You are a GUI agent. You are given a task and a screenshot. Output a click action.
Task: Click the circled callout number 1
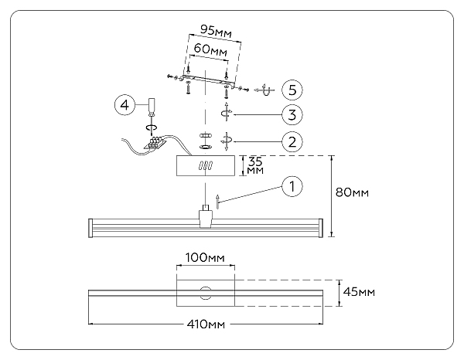[x=292, y=185]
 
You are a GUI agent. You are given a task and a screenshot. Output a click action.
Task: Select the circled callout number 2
[x=292, y=141]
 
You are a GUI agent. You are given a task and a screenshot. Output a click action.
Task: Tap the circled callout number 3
[x=292, y=115]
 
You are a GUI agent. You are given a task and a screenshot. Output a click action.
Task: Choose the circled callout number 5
[x=292, y=90]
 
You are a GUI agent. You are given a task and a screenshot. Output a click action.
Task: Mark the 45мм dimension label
[x=360, y=292]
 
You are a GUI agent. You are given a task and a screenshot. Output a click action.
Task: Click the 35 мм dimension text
[x=254, y=166]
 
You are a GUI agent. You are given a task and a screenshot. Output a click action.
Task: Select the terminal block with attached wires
[x=159, y=142]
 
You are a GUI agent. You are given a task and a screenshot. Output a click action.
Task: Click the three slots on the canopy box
[x=206, y=165]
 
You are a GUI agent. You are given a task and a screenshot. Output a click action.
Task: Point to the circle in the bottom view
[x=205, y=293]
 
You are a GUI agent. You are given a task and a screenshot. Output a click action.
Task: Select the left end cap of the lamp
[x=93, y=228]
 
